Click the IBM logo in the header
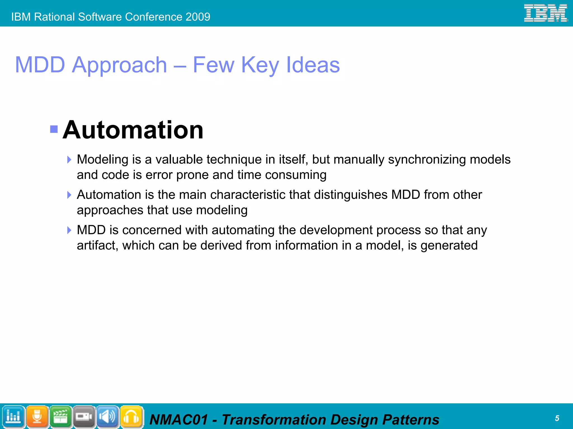click(545, 13)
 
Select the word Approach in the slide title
click(119, 65)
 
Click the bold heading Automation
click(133, 130)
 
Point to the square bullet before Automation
click(54, 129)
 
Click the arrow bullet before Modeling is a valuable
click(69, 160)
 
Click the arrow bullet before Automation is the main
click(69, 195)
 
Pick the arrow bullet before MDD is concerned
click(69, 230)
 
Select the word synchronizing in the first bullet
click(427, 160)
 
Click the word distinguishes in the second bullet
click(351, 195)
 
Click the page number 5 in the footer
click(557, 418)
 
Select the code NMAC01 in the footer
click(179, 420)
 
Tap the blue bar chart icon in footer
click(13, 416)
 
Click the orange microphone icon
click(37, 416)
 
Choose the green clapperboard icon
click(60, 416)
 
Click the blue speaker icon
click(108, 416)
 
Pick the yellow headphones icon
click(131, 416)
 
